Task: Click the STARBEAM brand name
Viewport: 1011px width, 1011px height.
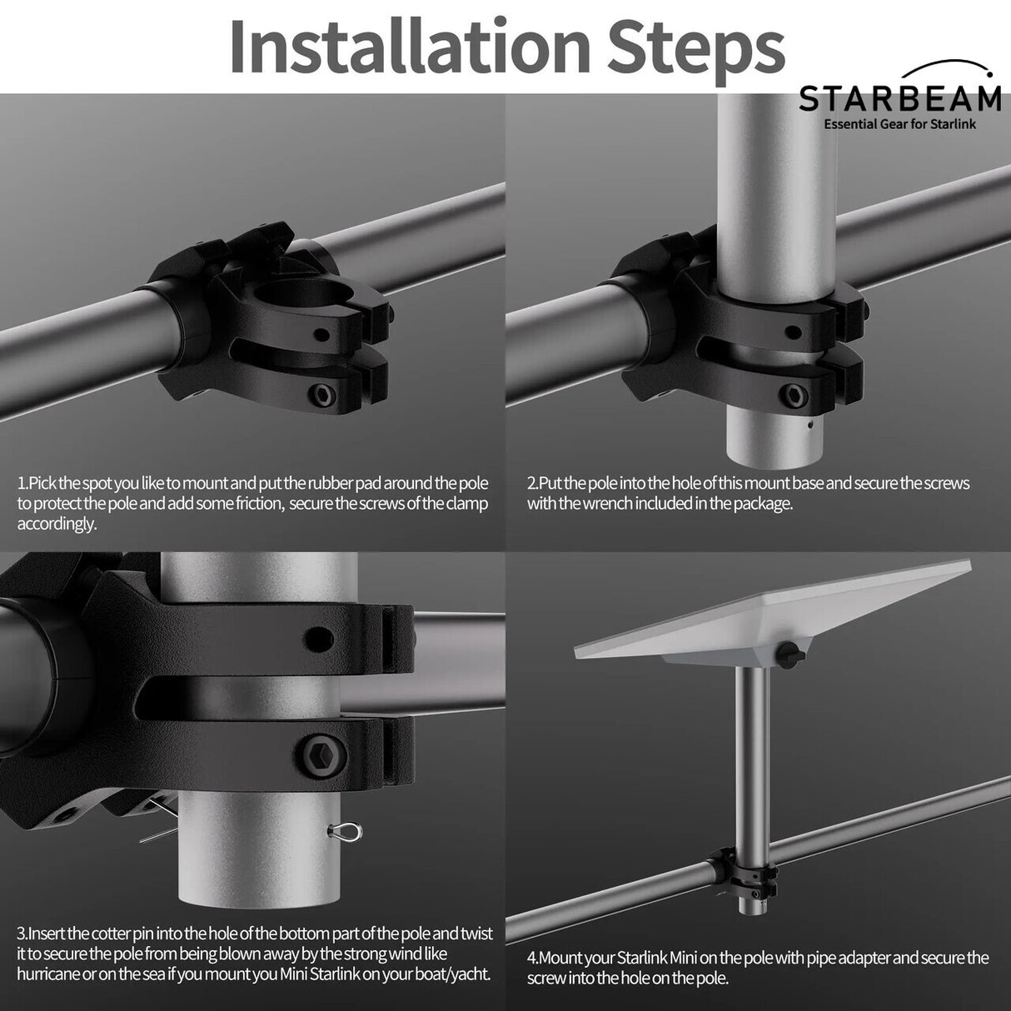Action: [899, 99]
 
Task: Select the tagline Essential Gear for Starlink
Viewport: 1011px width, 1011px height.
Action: [899, 124]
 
